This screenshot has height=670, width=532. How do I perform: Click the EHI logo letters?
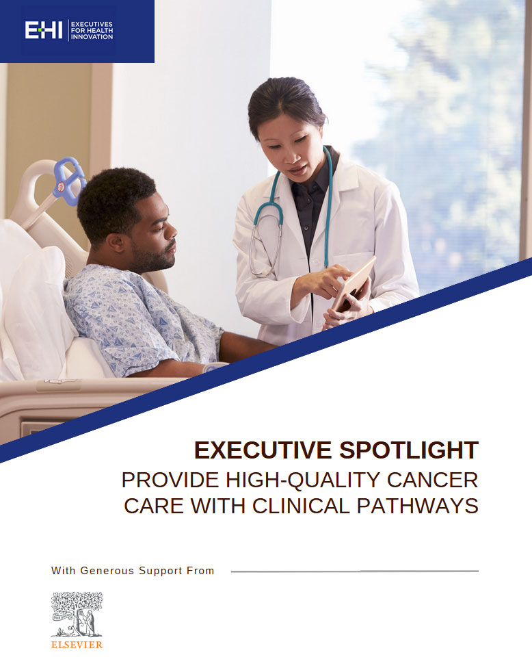click(x=44, y=30)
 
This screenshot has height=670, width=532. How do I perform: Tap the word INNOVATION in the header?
click(x=92, y=37)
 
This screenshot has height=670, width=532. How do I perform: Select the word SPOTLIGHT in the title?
click(x=409, y=450)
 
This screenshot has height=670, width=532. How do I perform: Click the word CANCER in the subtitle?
click(x=433, y=480)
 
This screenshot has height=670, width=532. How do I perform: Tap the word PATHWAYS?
click(x=418, y=506)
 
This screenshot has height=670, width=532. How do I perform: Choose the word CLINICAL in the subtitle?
click(x=301, y=506)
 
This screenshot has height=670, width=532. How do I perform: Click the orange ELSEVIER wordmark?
click(x=77, y=645)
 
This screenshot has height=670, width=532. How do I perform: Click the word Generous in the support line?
click(x=107, y=571)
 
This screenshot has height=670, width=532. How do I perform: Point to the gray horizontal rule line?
click(x=354, y=571)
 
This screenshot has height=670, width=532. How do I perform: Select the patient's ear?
click(x=116, y=243)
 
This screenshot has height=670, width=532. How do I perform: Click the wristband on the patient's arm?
click(x=214, y=367)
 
